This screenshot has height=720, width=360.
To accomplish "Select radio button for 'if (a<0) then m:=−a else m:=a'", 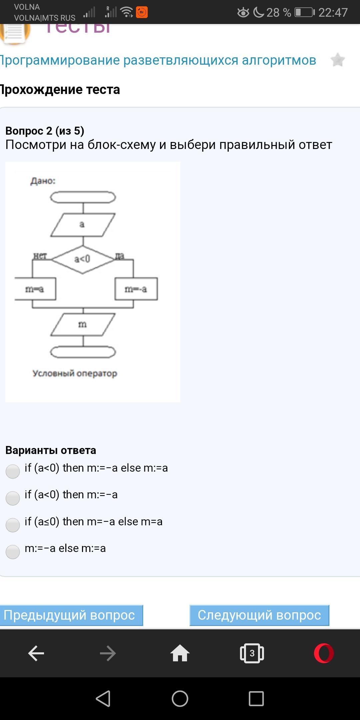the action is [13, 471].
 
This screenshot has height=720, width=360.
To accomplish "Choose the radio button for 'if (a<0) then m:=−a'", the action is [13, 498].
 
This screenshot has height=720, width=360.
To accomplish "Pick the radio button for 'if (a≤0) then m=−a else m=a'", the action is [13, 525].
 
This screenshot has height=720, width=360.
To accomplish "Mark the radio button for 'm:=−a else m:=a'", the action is [13, 552].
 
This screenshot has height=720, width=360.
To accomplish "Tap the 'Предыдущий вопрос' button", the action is [71, 615].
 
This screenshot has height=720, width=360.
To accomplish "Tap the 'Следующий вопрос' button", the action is [259, 615].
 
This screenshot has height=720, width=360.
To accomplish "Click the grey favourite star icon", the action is [337, 60].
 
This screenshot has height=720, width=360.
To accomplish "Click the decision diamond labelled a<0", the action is [83, 259].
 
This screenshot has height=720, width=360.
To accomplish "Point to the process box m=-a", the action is [136, 289].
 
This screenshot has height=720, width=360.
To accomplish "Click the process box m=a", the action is [35, 289].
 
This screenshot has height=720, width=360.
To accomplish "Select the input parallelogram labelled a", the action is [83, 225].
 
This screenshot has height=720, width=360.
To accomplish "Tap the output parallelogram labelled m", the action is [83, 324].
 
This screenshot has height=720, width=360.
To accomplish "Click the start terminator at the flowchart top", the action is [83, 197].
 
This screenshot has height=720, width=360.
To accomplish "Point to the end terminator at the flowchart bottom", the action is [83, 352].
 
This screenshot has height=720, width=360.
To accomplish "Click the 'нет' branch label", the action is [40, 256].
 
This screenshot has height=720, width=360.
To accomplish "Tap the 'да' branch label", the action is [120, 256].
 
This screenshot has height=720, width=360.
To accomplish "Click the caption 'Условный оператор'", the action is [75, 373].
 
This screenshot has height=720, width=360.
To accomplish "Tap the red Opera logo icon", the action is [324, 653].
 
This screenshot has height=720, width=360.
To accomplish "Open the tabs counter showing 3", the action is [252, 653].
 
